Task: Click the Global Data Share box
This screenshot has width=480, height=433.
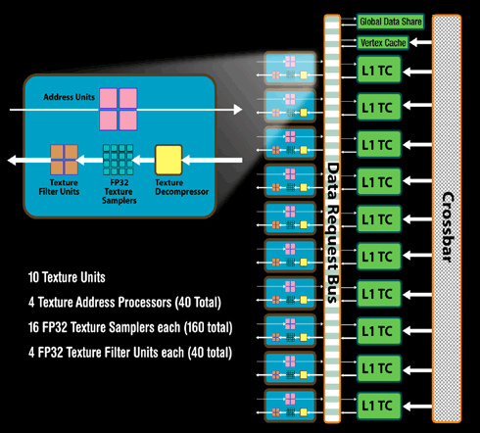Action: click(390, 22)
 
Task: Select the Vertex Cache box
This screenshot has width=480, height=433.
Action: click(383, 42)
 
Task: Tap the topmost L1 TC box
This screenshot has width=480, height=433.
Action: click(379, 70)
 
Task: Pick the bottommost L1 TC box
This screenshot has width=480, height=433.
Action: click(379, 406)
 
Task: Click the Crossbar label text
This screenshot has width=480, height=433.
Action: click(448, 227)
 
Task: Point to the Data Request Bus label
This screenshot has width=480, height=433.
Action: click(332, 232)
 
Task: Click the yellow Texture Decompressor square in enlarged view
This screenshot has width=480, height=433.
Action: click(168, 160)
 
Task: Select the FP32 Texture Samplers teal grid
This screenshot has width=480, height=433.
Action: click(118, 160)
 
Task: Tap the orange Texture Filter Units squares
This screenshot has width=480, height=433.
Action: click(64, 160)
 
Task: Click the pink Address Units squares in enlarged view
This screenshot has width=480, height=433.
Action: click(119, 110)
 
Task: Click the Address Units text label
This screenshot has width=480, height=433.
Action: click(69, 97)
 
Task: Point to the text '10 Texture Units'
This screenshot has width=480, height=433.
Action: click(67, 277)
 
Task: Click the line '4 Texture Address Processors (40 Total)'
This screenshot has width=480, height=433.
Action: click(124, 302)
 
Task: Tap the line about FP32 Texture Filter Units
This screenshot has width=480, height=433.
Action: click(130, 353)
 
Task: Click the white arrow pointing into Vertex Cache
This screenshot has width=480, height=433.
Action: click(421, 42)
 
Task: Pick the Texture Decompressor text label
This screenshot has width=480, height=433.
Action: click(181, 187)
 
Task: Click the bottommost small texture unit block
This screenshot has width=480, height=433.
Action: click(290, 406)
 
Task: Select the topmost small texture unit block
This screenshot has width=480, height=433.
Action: click(290, 69)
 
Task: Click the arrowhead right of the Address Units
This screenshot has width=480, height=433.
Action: click(238, 110)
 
